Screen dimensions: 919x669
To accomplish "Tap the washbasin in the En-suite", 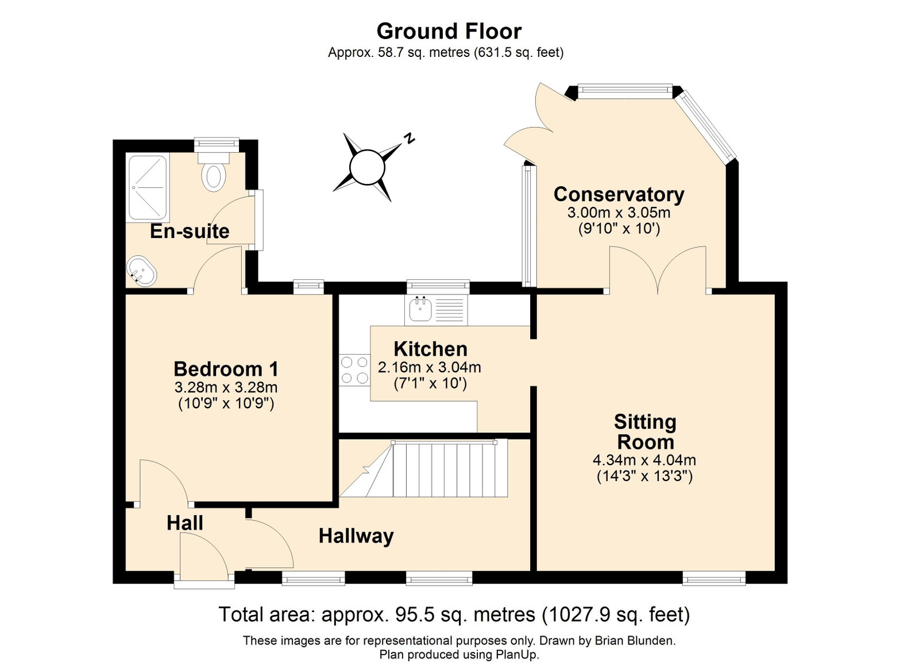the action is tap(141, 272).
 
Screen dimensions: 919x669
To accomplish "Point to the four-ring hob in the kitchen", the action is tap(355, 371).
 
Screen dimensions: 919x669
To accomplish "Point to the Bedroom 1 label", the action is tap(226, 369).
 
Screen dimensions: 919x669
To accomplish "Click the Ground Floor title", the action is tap(449, 31).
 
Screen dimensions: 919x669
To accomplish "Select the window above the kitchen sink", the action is tap(438, 287).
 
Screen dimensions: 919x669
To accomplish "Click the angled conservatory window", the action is tap(707, 125).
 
